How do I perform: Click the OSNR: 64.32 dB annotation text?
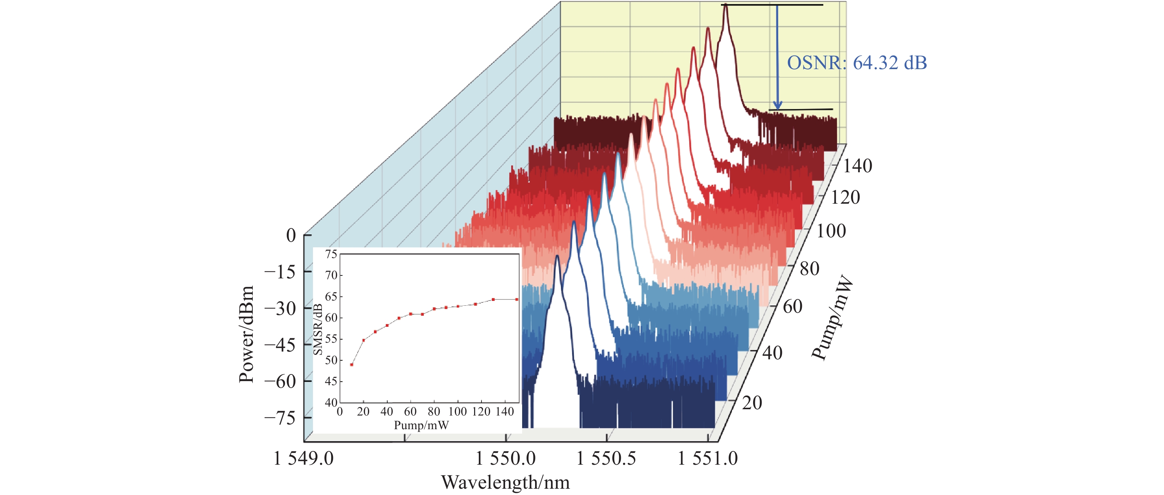point(857,63)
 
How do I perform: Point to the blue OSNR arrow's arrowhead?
point(777,105)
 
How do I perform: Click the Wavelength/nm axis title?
point(505,483)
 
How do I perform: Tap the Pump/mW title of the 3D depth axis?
point(832,319)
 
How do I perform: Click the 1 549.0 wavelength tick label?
point(304,458)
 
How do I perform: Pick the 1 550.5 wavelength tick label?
point(606,458)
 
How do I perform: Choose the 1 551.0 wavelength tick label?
point(708,458)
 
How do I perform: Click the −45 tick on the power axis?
point(280,345)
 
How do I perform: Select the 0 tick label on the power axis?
point(291,235)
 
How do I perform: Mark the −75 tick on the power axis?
point(280,418)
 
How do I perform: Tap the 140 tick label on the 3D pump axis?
point(858,166)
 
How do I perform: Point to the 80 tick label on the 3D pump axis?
point(809,268)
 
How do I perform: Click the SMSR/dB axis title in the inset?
point(318,329)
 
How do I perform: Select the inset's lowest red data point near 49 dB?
point(351,365)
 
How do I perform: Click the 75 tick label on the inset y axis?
point(331,254)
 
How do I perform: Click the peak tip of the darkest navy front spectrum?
point(557,256)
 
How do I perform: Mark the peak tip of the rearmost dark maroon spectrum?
point(725,5)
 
